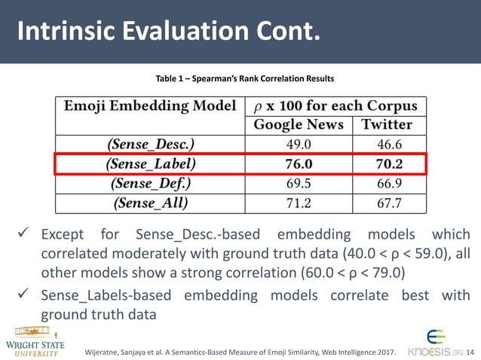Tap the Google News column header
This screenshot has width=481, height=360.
[x=299, y=124]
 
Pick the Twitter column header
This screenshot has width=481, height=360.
[x=387, y=124]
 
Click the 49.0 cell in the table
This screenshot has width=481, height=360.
[x=299, y=144]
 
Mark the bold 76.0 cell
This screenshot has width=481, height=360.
[x=299, y=163]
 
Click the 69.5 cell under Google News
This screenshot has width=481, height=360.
[x=299, y=183]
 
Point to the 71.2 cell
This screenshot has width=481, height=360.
[x=299, y=203]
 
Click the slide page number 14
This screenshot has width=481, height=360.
[x=471, y=351]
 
